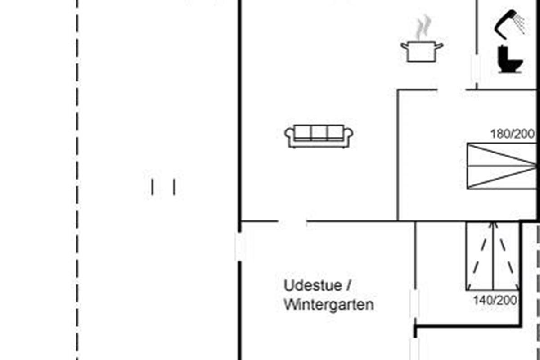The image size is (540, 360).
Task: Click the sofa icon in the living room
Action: (x=319, y=136)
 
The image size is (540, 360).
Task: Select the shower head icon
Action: (x=509, y=24)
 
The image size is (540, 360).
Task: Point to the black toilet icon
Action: (x=510, y=59)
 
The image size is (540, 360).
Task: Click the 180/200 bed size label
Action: (x=513, y=134)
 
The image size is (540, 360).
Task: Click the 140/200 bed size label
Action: (x=495, y=301)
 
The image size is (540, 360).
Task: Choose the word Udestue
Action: (x=313, y=285)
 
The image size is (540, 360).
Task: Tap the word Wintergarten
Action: (x=329, y=305)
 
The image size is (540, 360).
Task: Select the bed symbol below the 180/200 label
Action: (x=502, y=166)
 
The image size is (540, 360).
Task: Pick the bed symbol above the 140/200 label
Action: (x=493, y=256)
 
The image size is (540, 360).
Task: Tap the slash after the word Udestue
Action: (x=349, y=285)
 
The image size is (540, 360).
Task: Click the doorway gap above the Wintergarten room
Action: (x=292, y=221)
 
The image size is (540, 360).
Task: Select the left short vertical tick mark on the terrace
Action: (x=153, y=187)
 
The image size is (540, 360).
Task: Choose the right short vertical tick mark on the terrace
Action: (x=174, y=187)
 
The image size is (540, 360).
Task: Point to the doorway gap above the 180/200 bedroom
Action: (x=452, y=90)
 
